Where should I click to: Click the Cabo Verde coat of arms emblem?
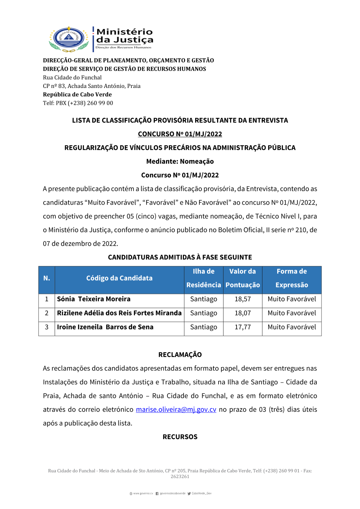click(x=69, y=38)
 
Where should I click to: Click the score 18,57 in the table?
click(x=243, y=299)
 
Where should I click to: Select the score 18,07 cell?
click(x=243, y=313)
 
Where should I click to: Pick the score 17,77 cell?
click(x=243, y=327)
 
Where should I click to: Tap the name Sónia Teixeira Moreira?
click(x=94, y=299)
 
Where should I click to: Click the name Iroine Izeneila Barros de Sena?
click(x=105, y=327)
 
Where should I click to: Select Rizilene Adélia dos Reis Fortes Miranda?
click(x=119, y=313)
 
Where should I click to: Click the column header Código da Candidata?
click(x=119, y=278)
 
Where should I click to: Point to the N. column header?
click(x=46, y=278)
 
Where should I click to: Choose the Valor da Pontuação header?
click(x=243, y=278)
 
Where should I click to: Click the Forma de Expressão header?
click(x=292, y=278)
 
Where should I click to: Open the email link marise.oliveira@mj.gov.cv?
click(x=176, y=410)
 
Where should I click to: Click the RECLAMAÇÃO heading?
click(x=180, y=355)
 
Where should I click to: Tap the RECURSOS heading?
click(x=180, y=437)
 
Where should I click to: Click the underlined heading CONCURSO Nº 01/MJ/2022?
click(x=180, y=134)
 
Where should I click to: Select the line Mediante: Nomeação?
click(x=180, y=161)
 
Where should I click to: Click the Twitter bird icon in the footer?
click(x=189, y=494)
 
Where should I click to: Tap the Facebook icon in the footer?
click(x=157, y=494)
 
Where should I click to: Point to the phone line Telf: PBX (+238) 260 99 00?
click(x=78, y=103)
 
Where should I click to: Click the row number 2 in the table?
click(x=46, y=313)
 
